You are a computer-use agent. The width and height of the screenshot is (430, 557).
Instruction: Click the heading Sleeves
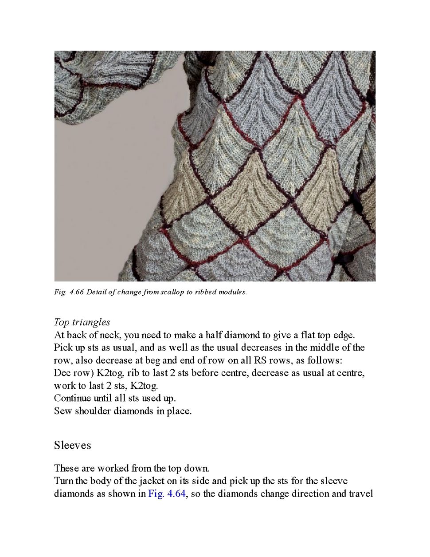72,445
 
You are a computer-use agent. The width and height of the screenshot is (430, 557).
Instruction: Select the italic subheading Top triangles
82,322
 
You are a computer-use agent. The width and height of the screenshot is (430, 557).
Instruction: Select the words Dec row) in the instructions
72,373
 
